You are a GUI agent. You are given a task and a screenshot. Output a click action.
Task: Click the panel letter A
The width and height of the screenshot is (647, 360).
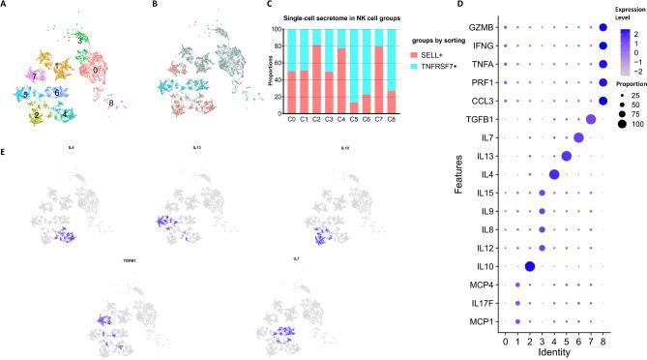point(6,6)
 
